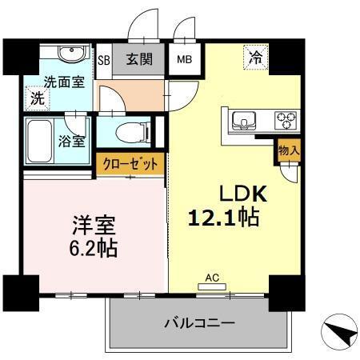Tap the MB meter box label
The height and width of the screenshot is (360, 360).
(184, 58)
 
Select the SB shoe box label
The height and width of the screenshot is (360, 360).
(103, 59)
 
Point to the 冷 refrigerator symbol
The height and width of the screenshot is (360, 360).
(255, 58)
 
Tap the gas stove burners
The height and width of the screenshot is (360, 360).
(284, 122)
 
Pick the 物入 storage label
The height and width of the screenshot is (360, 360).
(289, 149)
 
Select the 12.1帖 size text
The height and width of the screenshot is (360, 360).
(224, 216)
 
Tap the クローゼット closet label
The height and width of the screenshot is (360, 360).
(131, 165)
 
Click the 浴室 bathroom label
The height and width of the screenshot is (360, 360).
(73, 142)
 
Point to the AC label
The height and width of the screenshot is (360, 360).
(212, 278)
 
